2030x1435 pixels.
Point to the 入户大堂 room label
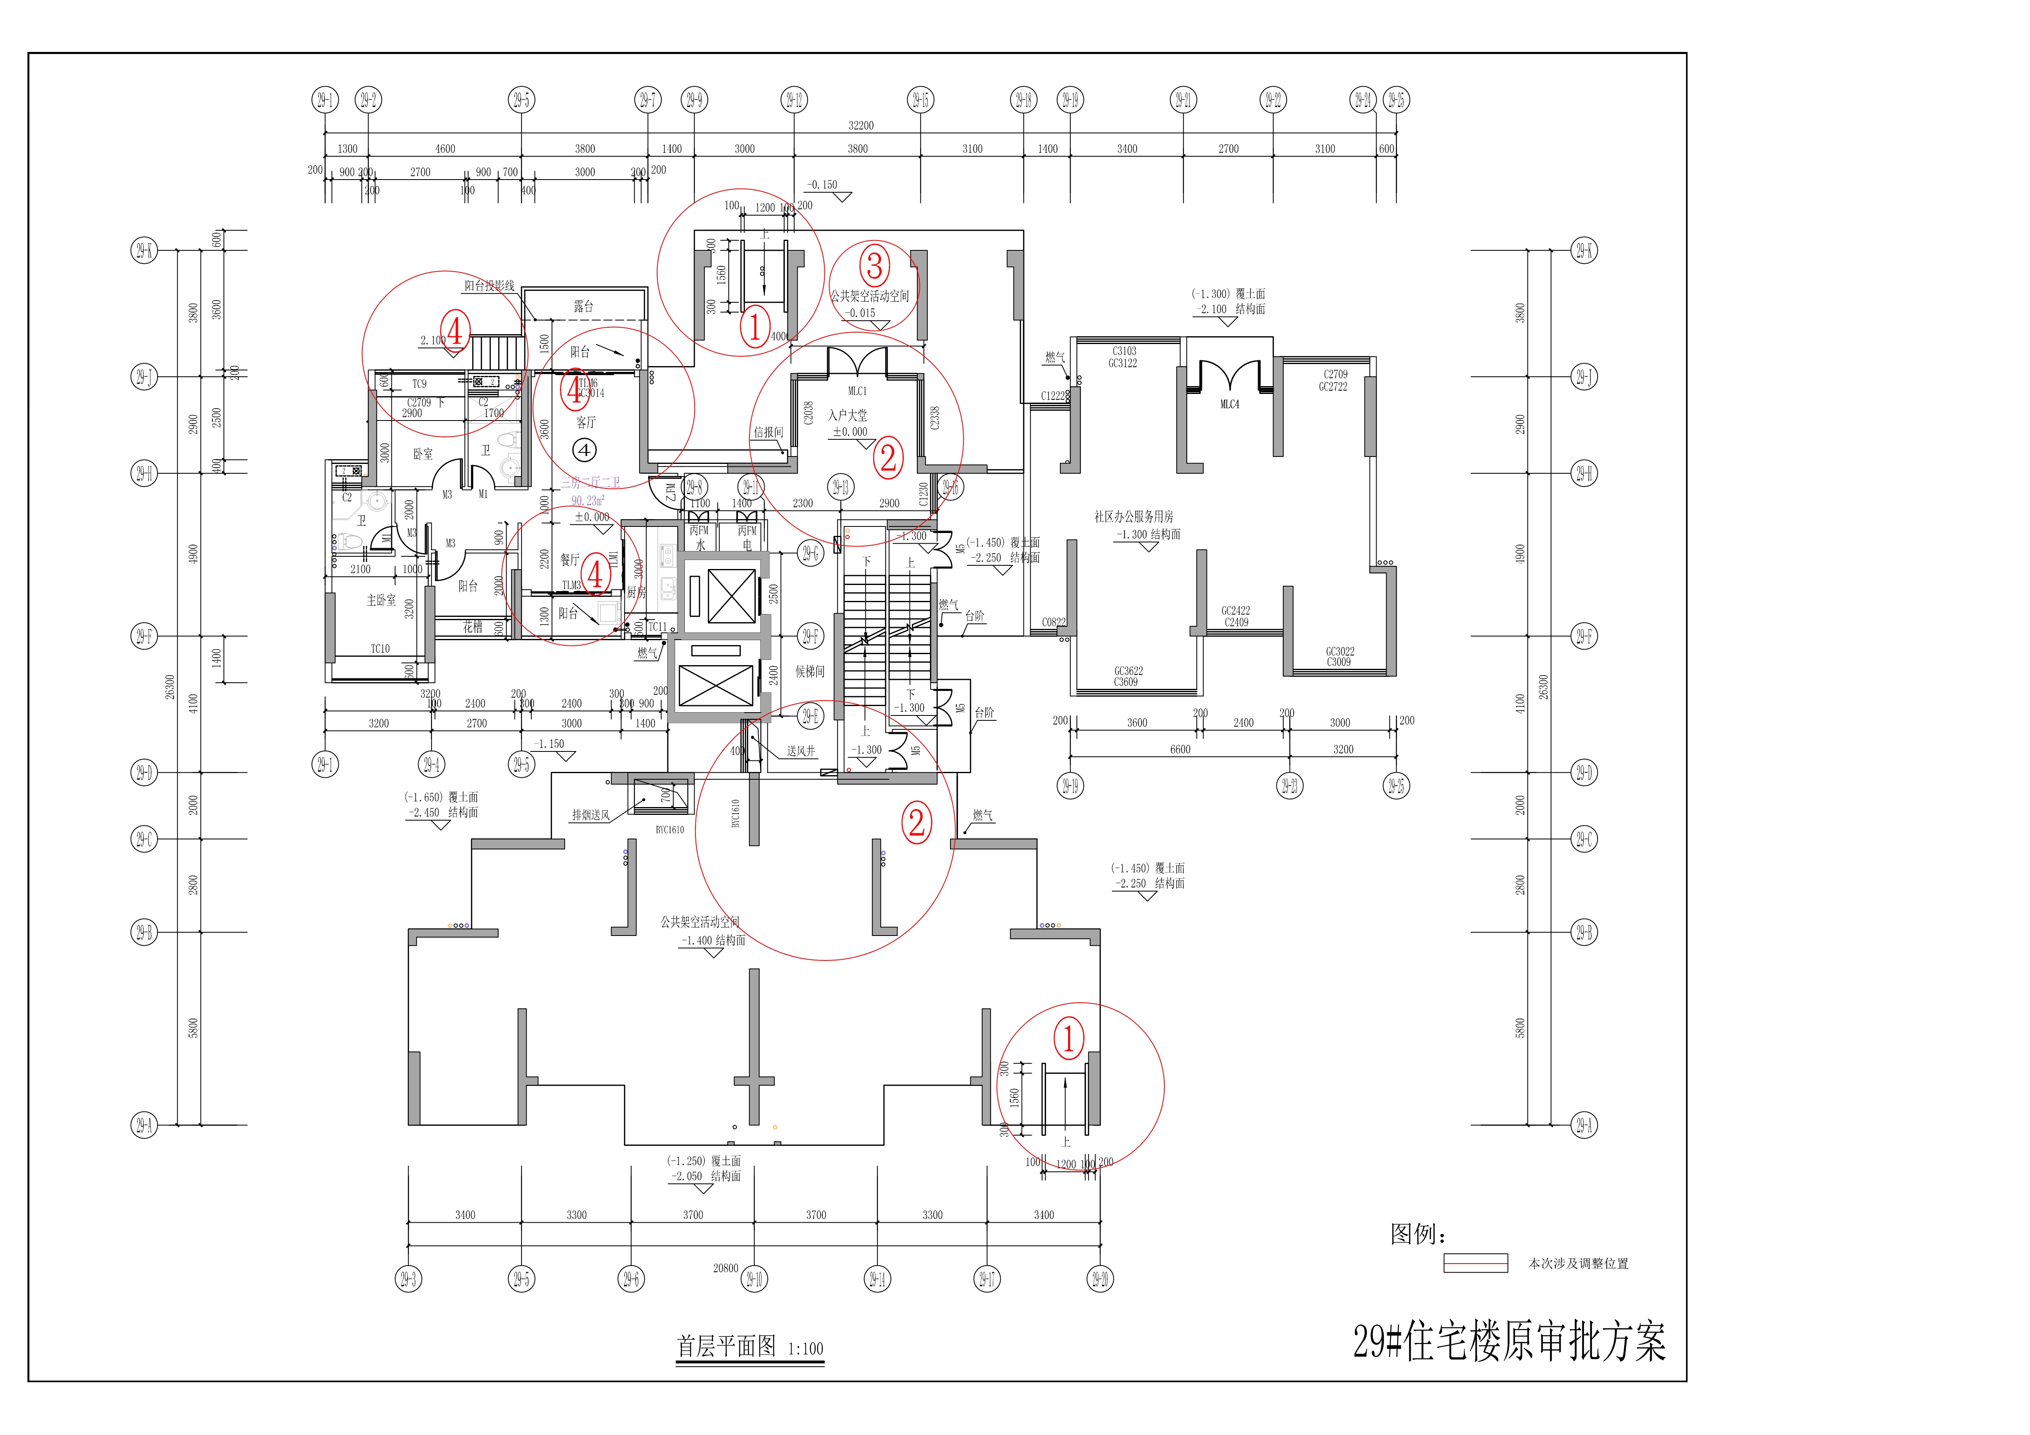[x=847, y=415]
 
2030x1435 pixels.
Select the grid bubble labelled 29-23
[x=1289, y=785]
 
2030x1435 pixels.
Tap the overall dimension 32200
[x=860, y=126]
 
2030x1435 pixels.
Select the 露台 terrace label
[x=583, y=306]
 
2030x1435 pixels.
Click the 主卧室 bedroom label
[x=381, y=601]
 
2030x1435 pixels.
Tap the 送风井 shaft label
[x=801, y=751]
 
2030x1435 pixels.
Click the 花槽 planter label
[x=473, y=627]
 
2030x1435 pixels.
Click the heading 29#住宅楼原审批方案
[x=1508, y=1341]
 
